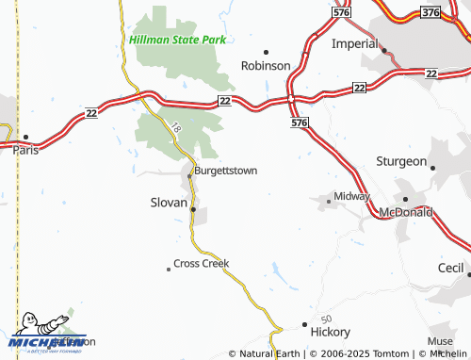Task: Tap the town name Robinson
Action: [x=266, y=66]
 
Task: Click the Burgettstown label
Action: [x=225, y=171]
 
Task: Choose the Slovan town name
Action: [x=170, y=202]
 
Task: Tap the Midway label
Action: [x=351, y=196]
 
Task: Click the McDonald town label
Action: [x=406, y=213]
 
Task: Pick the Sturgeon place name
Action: [x=401, y=161]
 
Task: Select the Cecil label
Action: [x=452, y=268]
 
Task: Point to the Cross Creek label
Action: [x=202, y=263]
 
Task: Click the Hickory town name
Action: [x=330, y=332]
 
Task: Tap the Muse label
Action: [x=440, y=341]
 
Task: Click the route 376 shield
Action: [x=431, y=12]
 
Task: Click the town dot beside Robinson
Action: [x=266, y=52]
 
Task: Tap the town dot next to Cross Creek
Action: [x=169, y=269]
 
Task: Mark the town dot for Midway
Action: [x=329, y=201]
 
